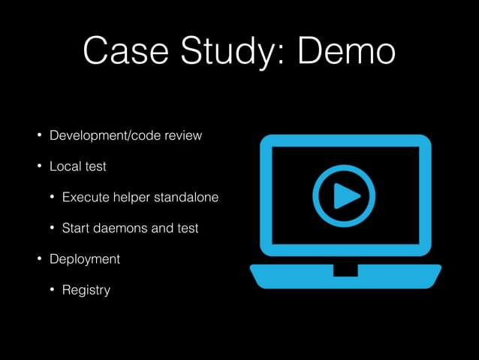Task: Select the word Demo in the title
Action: coord(345,50)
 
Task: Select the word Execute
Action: coord(86,198)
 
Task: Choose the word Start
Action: coord(76,228)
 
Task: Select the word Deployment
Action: coord(85,259)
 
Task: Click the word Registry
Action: coord(86,289)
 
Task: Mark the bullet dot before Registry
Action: coord(53,289)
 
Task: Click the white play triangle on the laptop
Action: coord(346,196)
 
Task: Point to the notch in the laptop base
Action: coord(345,270)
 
